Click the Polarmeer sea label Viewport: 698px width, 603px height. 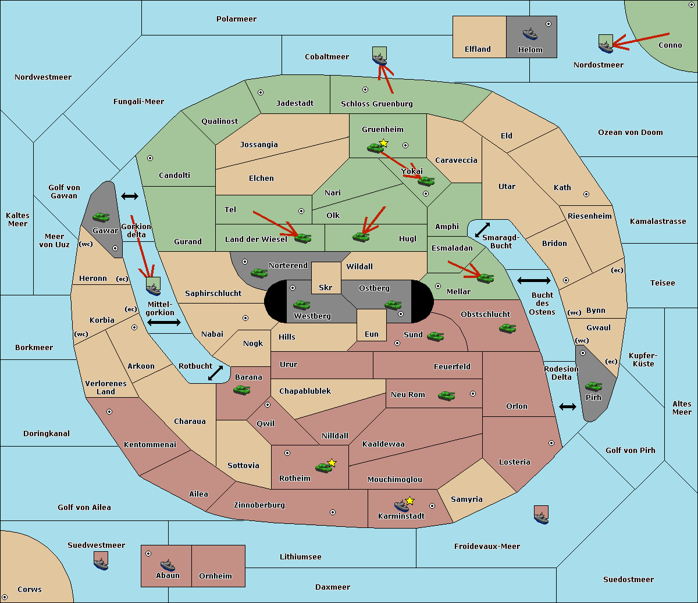[236, 19]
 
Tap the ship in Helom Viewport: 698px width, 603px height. [530, 34]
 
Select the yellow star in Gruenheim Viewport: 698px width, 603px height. [384, 143]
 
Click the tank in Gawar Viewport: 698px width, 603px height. [101, 217]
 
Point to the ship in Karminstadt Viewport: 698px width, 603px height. [401, 506]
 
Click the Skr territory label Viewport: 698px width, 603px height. [326, 287]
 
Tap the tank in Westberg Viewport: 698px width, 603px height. [301, 305]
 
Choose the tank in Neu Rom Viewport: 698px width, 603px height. [446, 395]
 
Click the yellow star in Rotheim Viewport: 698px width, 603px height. [332, 463]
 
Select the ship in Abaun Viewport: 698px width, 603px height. [168, 565]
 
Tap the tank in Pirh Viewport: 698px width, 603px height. [593, 386]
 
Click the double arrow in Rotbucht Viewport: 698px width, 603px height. [215, 373]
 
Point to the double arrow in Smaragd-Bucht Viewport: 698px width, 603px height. [482, 230]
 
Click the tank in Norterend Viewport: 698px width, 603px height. [259, 273]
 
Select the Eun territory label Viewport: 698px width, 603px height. [372, 334]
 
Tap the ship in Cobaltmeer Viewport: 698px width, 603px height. [380, 59]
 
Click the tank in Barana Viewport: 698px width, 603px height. [242, 390]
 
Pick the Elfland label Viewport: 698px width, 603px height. [478, 49]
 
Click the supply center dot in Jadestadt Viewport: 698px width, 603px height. [261, 92]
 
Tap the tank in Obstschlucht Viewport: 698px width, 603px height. [508, 328]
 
